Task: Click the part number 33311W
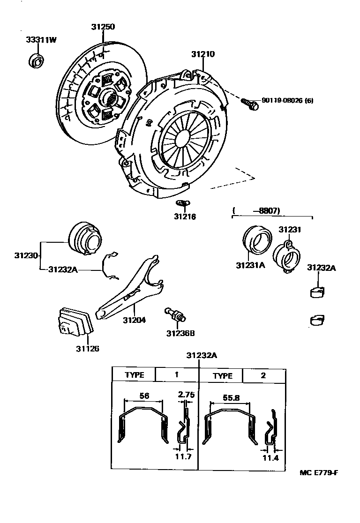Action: click(41, 40)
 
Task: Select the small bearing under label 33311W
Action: click(37, 60)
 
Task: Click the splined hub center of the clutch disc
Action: click(112, 97)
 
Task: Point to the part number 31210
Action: click(202, 54)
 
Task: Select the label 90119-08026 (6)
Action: click(287, 100)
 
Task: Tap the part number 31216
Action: click(185, 217)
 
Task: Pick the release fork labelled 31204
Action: click(131, 291)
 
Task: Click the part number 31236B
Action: click(180, 333)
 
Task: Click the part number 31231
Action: click(290, 230)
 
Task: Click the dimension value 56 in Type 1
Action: click(144, 396)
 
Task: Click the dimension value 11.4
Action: click(270, 457)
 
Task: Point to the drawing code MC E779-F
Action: click(319, 472)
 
